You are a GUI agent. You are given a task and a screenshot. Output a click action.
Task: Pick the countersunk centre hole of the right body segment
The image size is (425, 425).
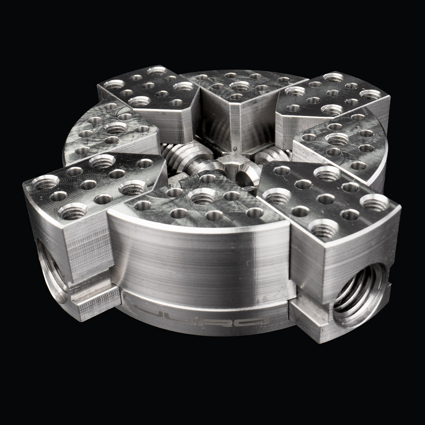(337, 138)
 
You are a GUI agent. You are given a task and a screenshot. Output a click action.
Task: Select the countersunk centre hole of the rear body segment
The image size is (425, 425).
(239, 85)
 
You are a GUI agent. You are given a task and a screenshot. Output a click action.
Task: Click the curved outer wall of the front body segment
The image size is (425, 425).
(198, 259)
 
